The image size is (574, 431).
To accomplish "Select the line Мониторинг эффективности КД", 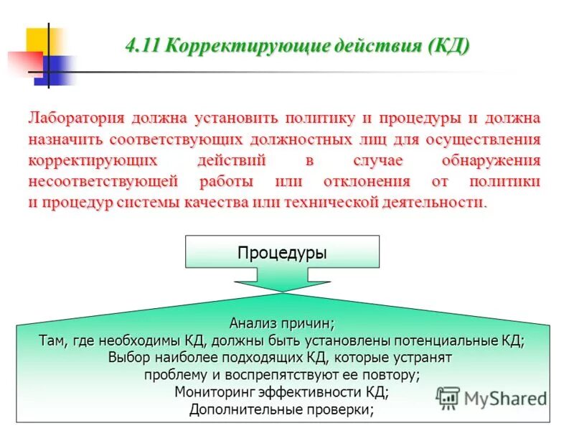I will [x=281, y=392].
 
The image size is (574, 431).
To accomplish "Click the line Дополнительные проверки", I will [x=281, y=410].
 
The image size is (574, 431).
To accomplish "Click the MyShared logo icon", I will [x=448, y=397].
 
